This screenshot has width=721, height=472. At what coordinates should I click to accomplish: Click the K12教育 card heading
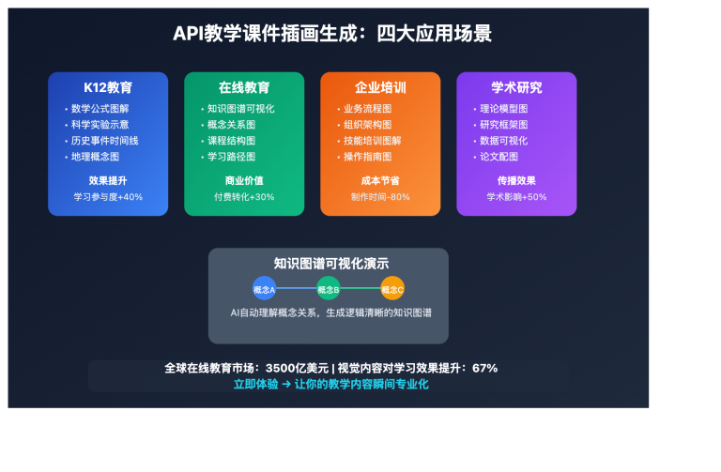(x=108, y=87)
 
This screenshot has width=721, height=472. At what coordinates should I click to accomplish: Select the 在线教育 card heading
(x=244, y=87)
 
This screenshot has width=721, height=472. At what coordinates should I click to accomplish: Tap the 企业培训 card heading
(x=380, y=87)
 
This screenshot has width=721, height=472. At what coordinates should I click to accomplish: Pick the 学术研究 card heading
(x=516, y=87)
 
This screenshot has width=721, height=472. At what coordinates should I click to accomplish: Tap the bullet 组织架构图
(x=367, y=125)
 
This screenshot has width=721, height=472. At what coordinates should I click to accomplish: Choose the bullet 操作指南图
(x=367, y=157)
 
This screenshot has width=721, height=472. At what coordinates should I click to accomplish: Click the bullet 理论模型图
(x=503, y=109)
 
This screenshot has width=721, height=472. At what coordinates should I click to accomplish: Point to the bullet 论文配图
(x=499, y=157)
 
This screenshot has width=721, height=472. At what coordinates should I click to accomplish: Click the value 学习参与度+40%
(x=108, y=197)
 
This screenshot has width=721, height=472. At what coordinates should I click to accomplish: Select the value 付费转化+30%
(x=244, y=197)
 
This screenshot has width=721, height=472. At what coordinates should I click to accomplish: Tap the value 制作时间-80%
(x=380, y=197)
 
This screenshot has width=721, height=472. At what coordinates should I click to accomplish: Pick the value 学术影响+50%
(x=516, y=197)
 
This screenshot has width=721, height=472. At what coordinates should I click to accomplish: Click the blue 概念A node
(x=264, y=289)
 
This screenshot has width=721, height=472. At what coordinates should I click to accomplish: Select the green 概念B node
(x=329, y=289)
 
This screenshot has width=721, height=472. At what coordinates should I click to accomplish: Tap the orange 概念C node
(x=392, y=289)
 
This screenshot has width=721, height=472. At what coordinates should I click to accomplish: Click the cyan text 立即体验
(x=255, y=384)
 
